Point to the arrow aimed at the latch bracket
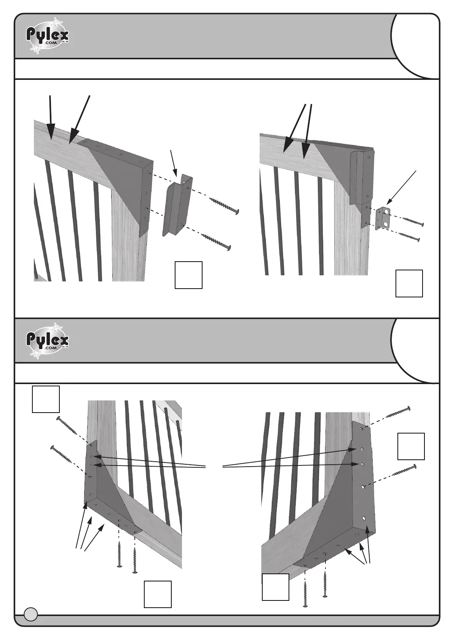pyautogui.click(x=173, y=163)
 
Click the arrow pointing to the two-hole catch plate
pyautogui.click(x=402, y=187)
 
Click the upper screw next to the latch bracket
pyautogui.click(x=223, y=205)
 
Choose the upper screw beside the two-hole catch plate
pyautogui.click(x=413, y=221)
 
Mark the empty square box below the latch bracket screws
pyautogui.click(x=188, y=275)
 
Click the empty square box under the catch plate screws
pyautogui.click(x=409, y=283)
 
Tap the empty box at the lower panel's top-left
pyautogui.click(x=46, y=399)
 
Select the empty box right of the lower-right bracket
pyautogui.click(x=411, y=446)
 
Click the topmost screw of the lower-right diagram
pyautogui.click(x=398, y=413)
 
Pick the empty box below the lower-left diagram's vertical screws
pyautogui.click(x=158, y=594)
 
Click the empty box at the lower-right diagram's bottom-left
pyautogui.click(x=276, y=587)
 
